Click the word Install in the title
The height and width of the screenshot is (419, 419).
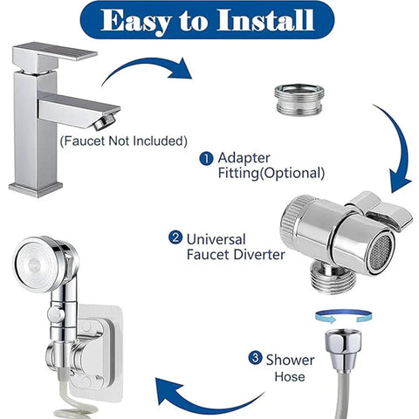pyautogui.click(x=265, y=20)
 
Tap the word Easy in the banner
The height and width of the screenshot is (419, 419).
pyautogui.click(x=135, y=22)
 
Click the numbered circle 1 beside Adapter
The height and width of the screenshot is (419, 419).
pyautogui.click(x=206, y=159)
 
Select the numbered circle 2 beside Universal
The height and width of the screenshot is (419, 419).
pyautogui.click(x=175, y=237)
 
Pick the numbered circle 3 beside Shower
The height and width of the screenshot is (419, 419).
pyautogui.click(x=255, y=358)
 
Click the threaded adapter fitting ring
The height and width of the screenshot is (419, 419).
pyautogui.click(x=299, y=99)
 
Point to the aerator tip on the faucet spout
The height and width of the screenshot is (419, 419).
pyautogui.click(x=104, y=121)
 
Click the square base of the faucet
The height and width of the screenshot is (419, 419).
pyautogui.click(x=36, y=189)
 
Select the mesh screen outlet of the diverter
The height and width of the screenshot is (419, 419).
pyautogui.click(x=381, y=252)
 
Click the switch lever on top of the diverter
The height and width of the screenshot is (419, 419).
pyautogui.click(x=381, y=209)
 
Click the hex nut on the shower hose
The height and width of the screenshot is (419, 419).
pyautogui.click(x=343, y=348)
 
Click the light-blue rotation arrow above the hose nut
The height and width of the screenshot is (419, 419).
pyautogui.click(x=344, y=317)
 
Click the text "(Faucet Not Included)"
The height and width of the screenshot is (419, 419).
pyautogui.click(x=124, y=141)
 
